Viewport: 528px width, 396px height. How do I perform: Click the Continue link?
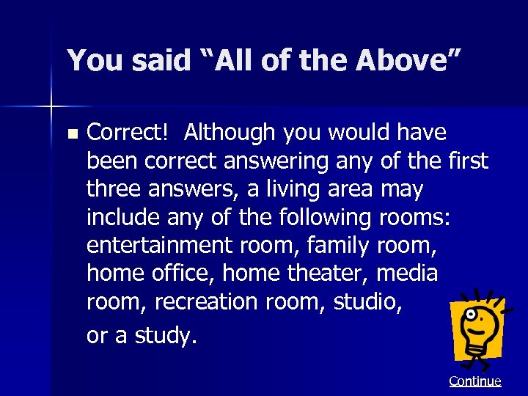click(x=475, y=381)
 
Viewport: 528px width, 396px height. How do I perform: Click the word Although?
click(x=230, y=133)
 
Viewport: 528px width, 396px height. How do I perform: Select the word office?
click(x=180, y=274)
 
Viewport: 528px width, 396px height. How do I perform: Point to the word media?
click(x=407, y=274)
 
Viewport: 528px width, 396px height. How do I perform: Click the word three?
click(x=111, y=189)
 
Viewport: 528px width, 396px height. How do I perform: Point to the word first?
click(x=466, y=161)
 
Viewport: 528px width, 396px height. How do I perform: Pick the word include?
click(x=122, y=218)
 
